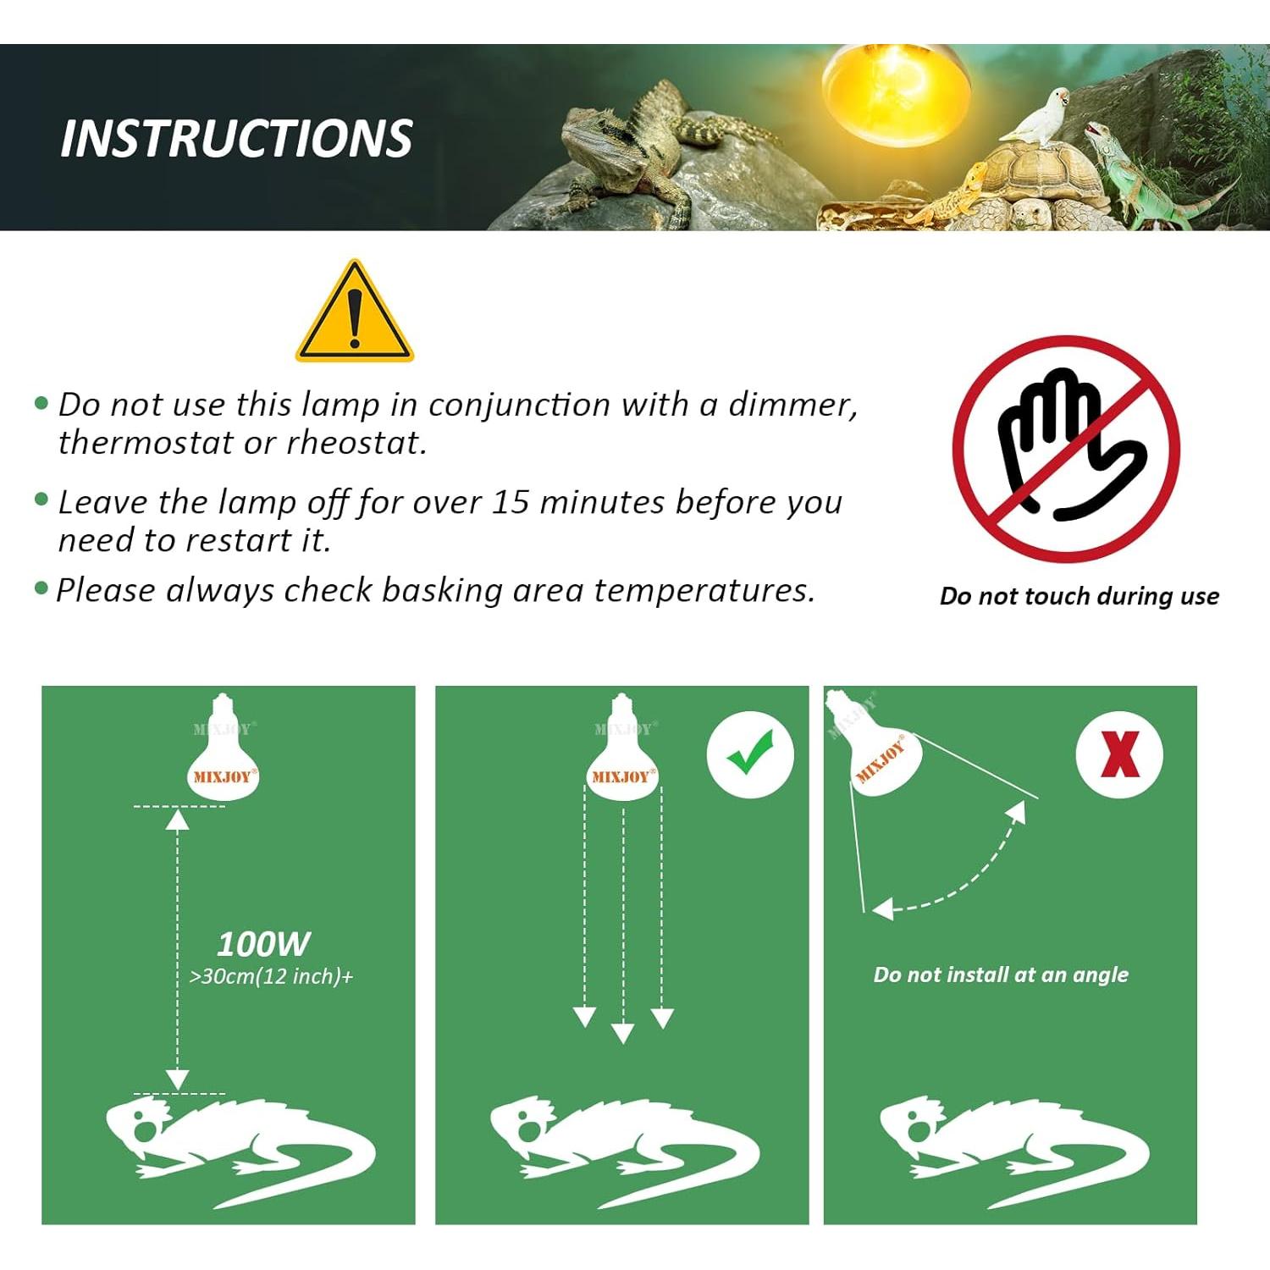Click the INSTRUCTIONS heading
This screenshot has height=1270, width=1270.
pyautogui.click(x=236, y=138)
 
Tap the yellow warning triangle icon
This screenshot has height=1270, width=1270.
pyautogui.click(x=355, y=312)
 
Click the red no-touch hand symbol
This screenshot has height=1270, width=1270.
pyautogui.click(x=1066, y=449)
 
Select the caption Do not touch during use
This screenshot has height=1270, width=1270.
pyautogui.click(x=1079, y=596)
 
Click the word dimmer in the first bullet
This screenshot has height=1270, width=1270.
pyautogui.click(x=793, y=405)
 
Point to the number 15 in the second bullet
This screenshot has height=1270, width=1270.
pyautogui.click(x=511, y=502)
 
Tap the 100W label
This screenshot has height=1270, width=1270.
pyautogui.click(x=263, y=943)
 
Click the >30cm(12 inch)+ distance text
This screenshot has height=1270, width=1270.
pyautogui.click(x=271, y=976)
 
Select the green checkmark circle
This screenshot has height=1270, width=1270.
pyautogui.click(x=750, y=755)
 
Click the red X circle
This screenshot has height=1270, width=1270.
pyautogui.click(x=1119, y=755)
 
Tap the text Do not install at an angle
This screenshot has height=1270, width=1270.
pyautogui.click(x=1001, y=975)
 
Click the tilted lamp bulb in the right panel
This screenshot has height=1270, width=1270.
pyautogui.click(x=876, y=745)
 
